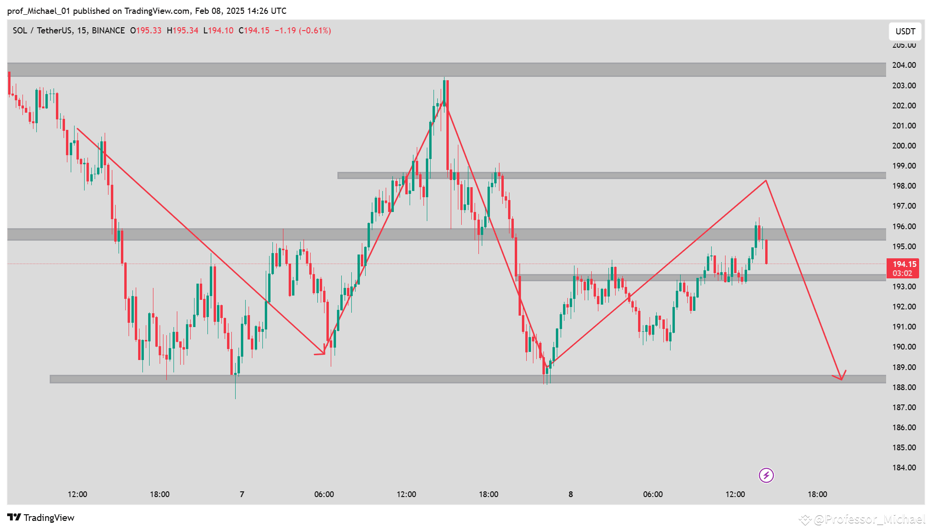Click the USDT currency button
pyautogui.click(x=905, y=32)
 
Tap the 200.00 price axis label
pyautogui.click(x=904, y=146)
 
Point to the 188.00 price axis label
pyautogui.click(x=904, y=387)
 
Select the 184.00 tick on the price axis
pyautogui.click(x=904, y=467)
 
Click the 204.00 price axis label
pyautogui.click(x=904, y=65)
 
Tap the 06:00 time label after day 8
pyautogui.click(x=652, y=494)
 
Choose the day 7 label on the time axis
pyautogui.click(x=242, y=494)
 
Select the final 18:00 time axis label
pyautogui.click(x=817, y=494)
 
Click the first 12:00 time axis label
pyautogui.click(x=77, y=494)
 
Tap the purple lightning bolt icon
pyautogui.click(x=766, y=475)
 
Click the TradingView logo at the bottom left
pyautogui.click(x=41, y=518)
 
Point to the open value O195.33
pyautogui.click(x=146, y=31)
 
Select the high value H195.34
pyautogui.click(x=182, y=31)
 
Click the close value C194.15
pyautogui.click(x=254, y=31)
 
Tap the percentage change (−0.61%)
pyautogui.click(x=315, y=31)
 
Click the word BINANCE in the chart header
pyautogui.click(x=108, y=31)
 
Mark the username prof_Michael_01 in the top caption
pyautogui.click(x=38, y=11)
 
